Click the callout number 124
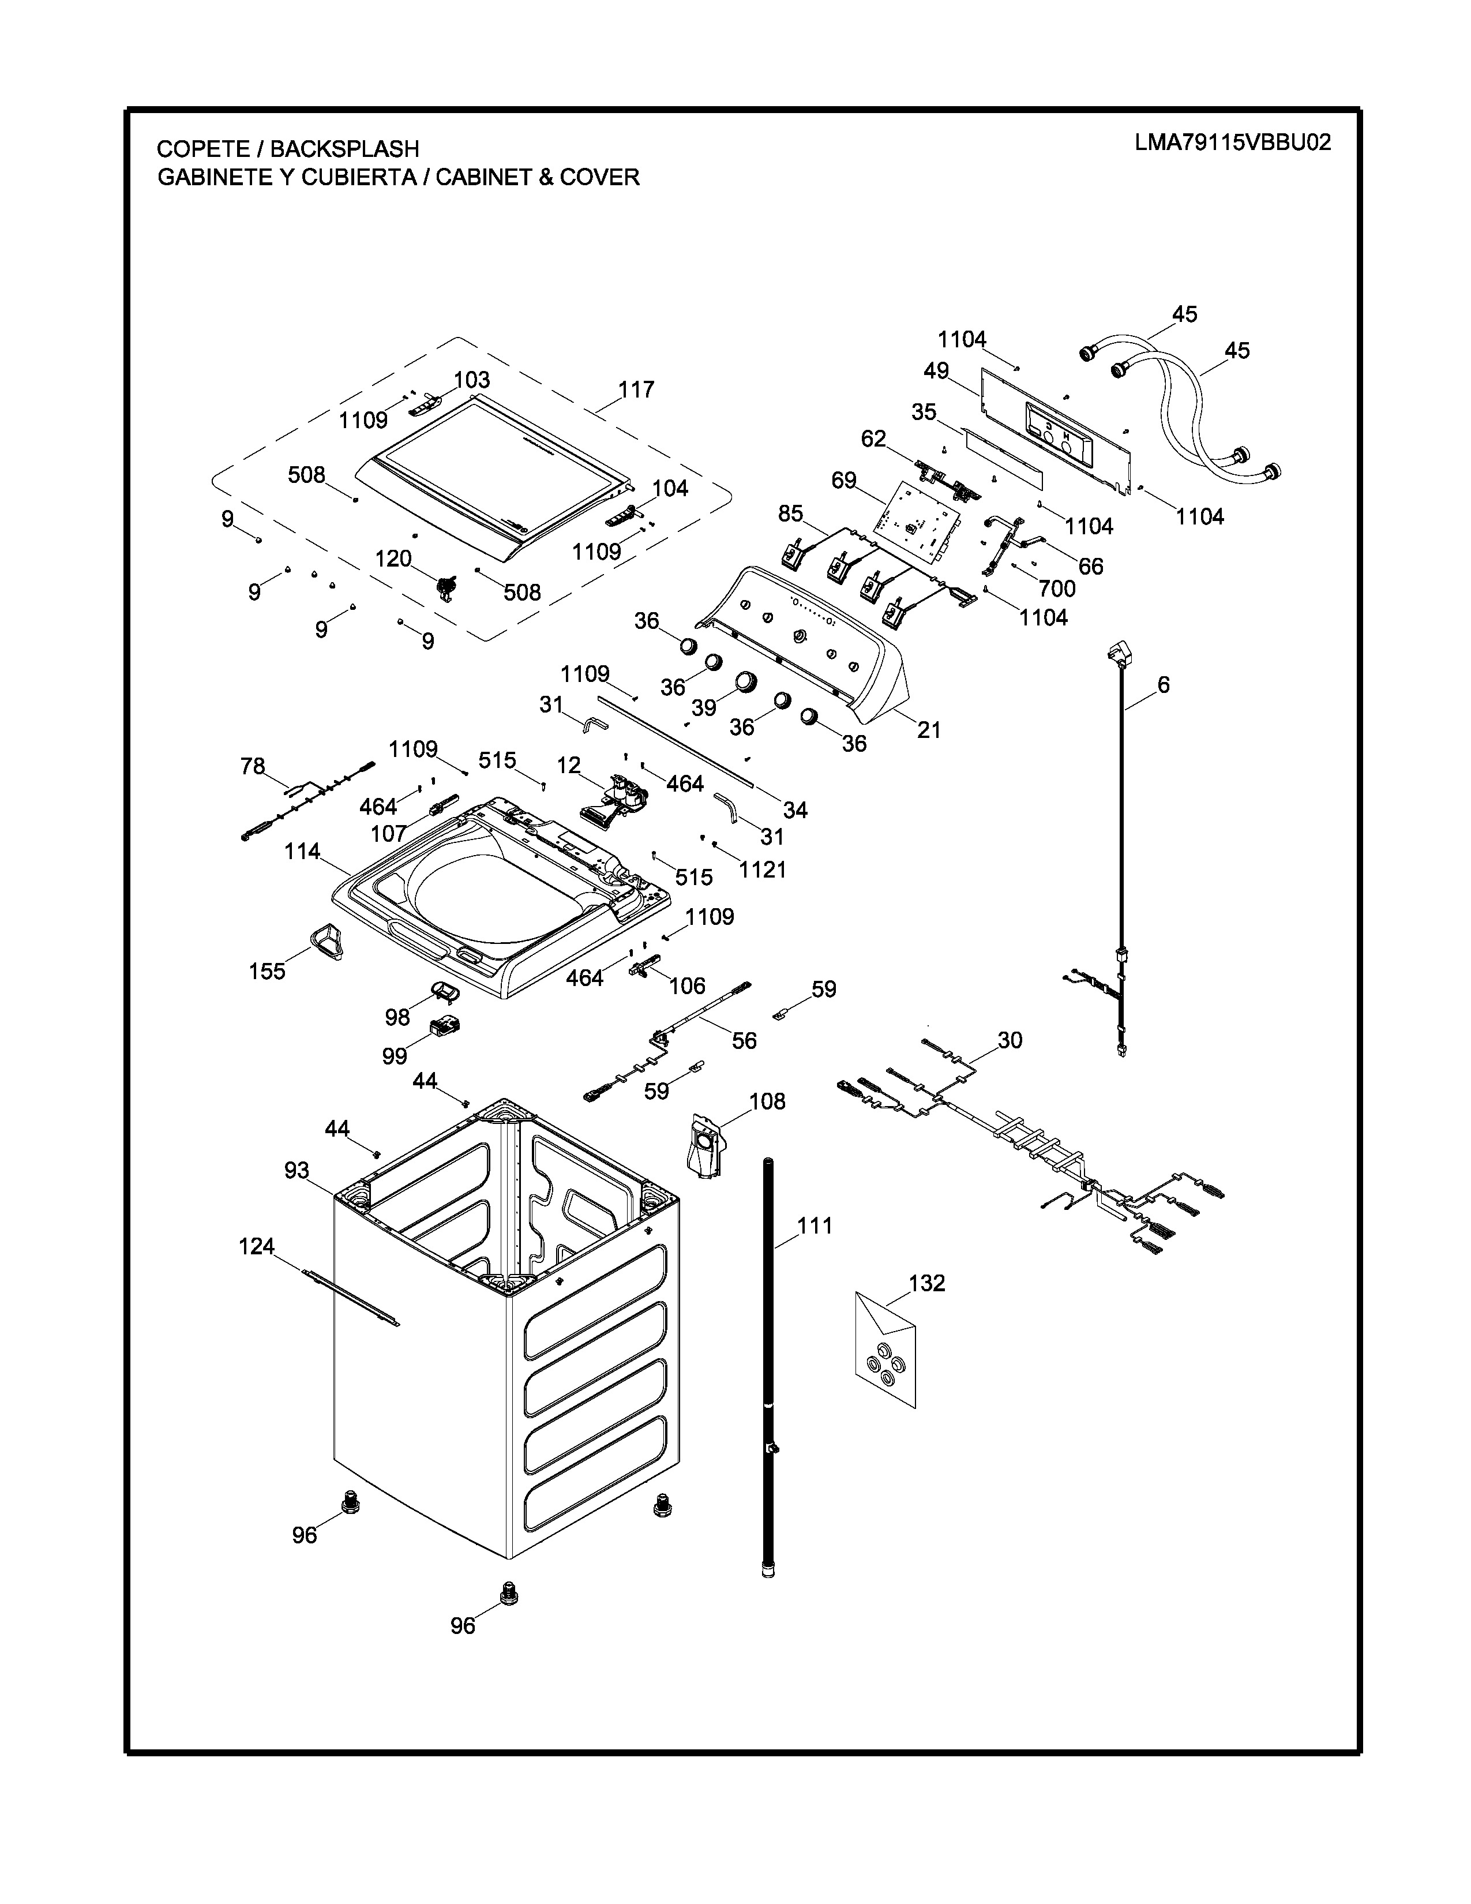(257, 1247)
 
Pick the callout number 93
(297, 1170)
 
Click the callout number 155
(267, 971)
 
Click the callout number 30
(1010, 1040)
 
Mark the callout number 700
(1056, 589)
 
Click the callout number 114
(302, 851)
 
